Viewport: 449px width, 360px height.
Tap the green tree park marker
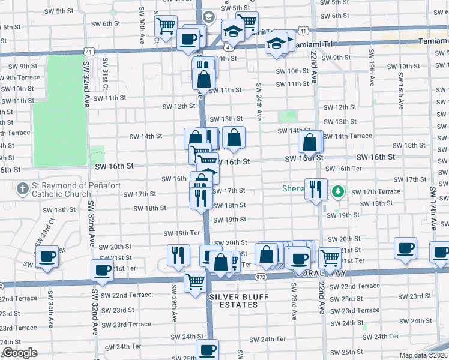pos(339,191)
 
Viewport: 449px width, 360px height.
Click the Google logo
pos(20,353)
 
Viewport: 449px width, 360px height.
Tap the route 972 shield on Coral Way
pos(259,277)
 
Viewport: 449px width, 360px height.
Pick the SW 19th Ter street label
pos(181,233)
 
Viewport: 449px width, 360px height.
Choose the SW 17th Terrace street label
pos(375,191)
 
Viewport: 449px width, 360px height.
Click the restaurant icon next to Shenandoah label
pos(316,189)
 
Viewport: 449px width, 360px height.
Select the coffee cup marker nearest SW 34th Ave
pos(47,256)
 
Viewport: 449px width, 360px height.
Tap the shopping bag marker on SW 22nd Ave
pos(310,143)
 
